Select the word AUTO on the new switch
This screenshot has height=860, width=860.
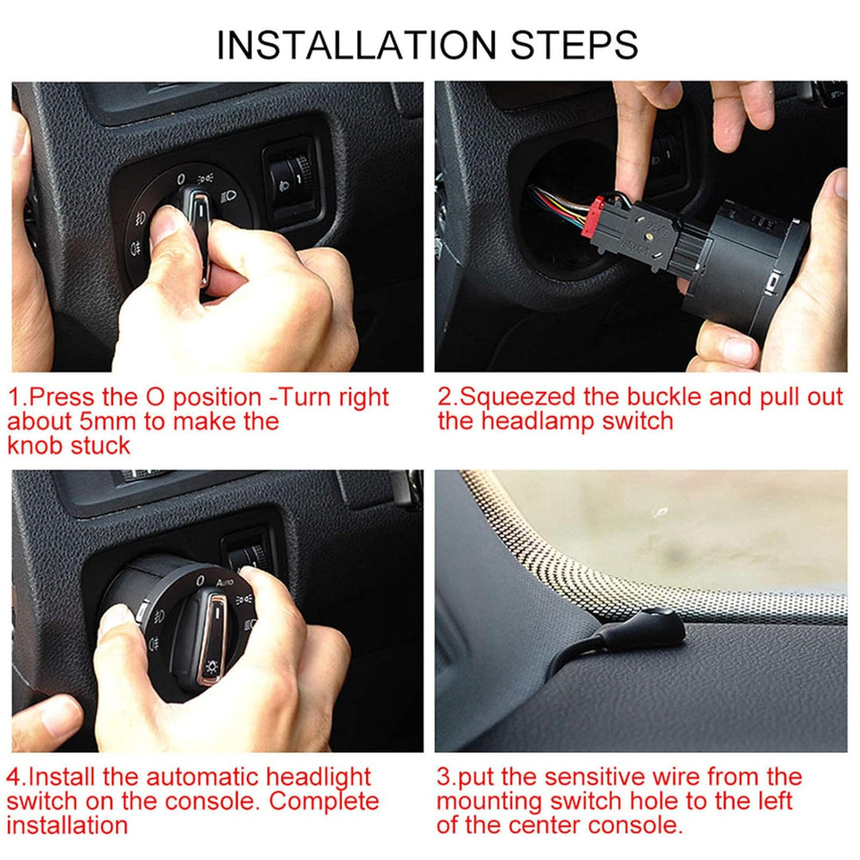click(x=225, y=584)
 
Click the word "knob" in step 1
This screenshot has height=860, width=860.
click(x=34, y=445)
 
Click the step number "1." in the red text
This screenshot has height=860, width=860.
click(x=16, y=397)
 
